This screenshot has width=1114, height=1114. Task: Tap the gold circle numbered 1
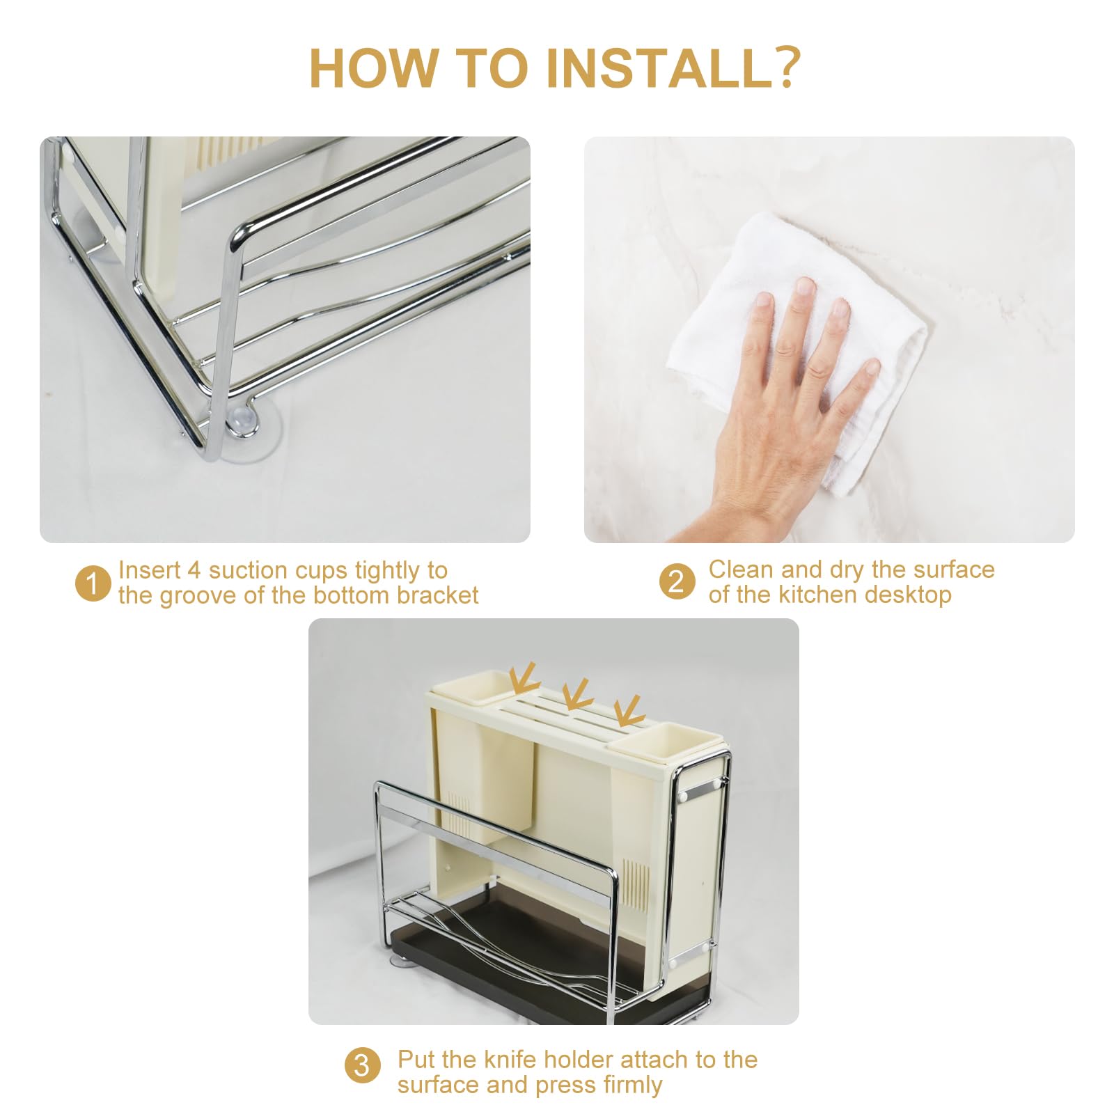pos(93,583)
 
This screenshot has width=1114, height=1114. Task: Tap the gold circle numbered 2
pos(677,582)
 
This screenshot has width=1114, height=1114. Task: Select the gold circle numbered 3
pos(362,1066)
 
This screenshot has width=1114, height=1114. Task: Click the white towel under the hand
pos(797,348)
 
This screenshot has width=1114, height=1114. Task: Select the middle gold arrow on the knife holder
pos(576,693)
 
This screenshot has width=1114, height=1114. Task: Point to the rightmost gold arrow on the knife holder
pos(629,709)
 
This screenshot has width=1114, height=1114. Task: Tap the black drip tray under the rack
pos(550,975)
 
